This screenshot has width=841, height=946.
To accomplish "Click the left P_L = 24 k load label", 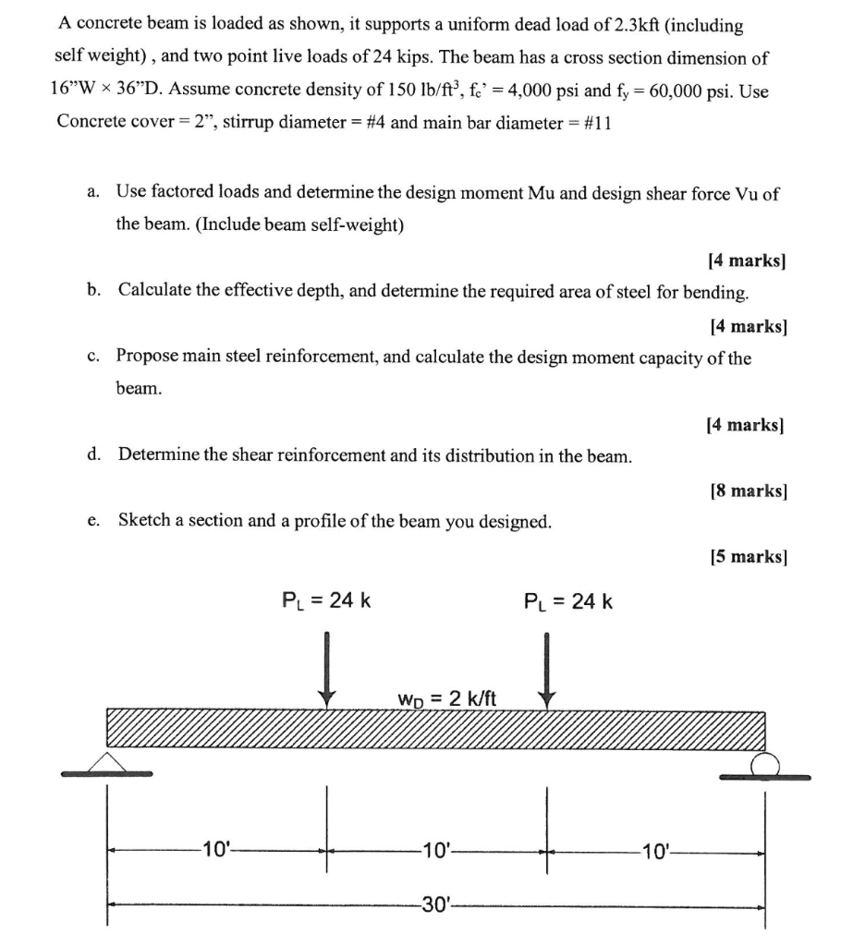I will pyautogui.click(x=326, y=601).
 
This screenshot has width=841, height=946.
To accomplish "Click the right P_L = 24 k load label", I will pyautogui.click(x=567, y=602).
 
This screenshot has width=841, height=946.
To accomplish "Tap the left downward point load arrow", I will pyautogui.click(x=325, y=671).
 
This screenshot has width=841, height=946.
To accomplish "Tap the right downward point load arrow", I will pyautogui.click(x=547, y=671).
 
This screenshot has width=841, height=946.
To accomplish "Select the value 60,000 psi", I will pyautogui.click(x=699, y=91).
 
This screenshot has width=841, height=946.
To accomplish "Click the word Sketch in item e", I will pyautogui.click(x=146, y=520).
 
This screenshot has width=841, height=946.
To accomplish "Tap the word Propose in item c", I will pyautogui.click(x=152, y=357).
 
